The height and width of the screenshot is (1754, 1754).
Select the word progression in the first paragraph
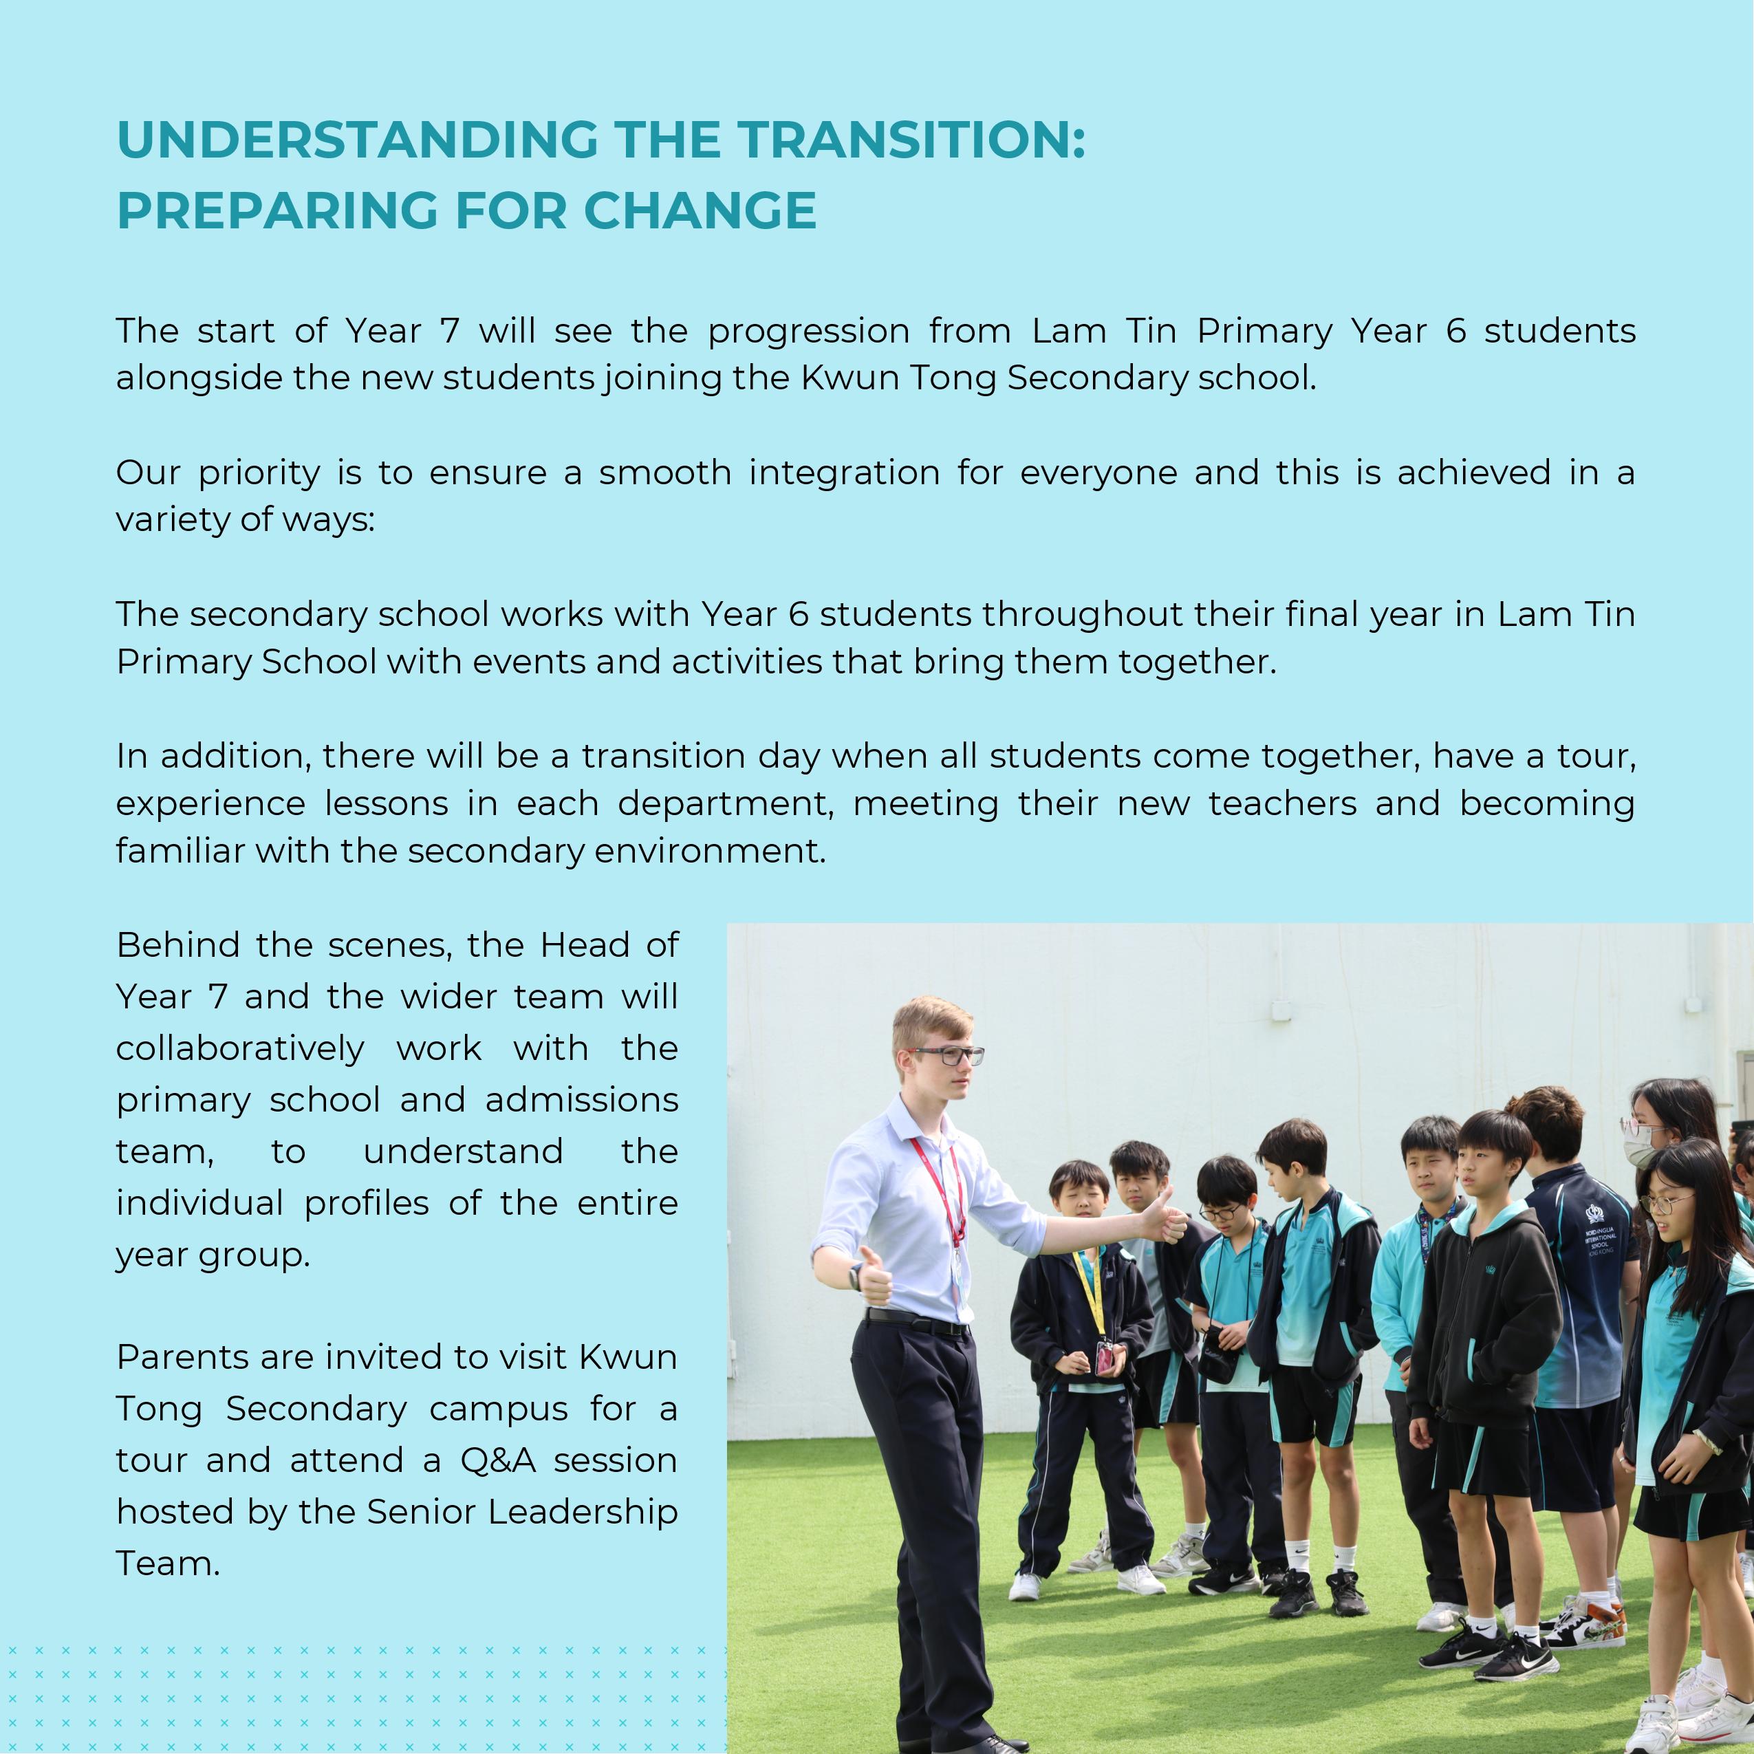(808, 332)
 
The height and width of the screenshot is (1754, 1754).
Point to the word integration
(843, 474)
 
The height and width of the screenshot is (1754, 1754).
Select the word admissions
(581, 1101)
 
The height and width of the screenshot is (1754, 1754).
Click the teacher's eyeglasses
(949, 1056)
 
